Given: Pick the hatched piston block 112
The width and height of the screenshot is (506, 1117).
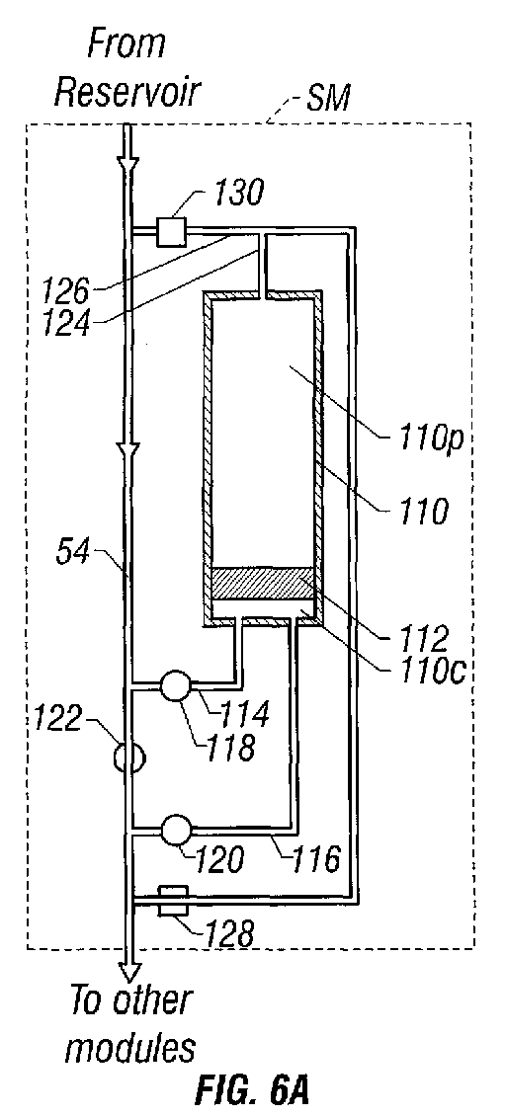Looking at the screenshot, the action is (x=264, y=584).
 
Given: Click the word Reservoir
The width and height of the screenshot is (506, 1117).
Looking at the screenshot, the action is (x=129, y=93).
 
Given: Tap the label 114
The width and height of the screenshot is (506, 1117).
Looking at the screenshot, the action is (x=245, y=712).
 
